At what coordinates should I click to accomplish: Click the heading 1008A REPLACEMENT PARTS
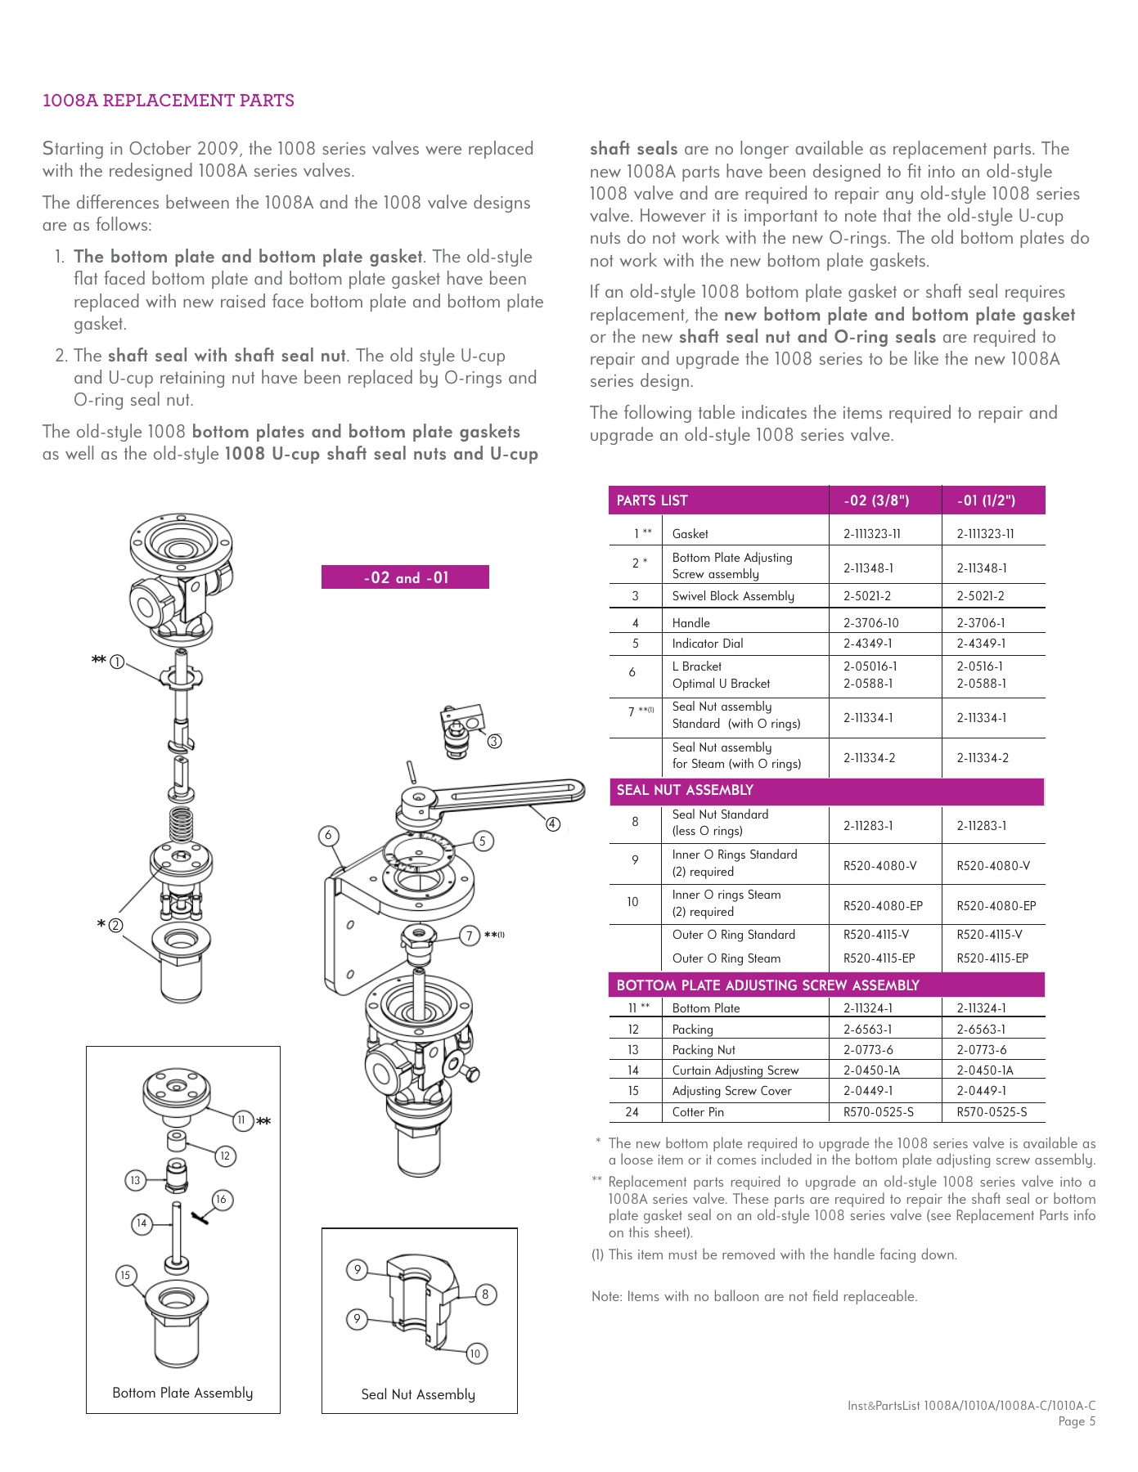coord(168,101)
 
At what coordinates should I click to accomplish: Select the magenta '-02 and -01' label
coord(405,577)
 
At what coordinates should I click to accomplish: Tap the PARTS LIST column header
coord(652,500)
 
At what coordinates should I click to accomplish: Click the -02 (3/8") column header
coord(876,500)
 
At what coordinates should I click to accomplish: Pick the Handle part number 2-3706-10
coord(870,623)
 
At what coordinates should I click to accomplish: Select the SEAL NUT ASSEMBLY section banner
coord(685,790)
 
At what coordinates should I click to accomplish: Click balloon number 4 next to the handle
coord(553,824)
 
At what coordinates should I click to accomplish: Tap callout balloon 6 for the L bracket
coord(328,835)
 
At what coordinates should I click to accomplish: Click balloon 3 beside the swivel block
coord(494,742)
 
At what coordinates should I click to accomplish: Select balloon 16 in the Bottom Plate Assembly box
coord(221,1200)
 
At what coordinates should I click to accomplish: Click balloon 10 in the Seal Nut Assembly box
coord(475,1353)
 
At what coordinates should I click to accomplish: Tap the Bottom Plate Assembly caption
coord(182,1393)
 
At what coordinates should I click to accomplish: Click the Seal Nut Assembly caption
coord(418,1394)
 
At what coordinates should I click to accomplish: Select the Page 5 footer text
coord(1076,1421)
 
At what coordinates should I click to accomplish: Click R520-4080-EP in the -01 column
coord(996,906)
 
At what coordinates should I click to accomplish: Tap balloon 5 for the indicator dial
coord(483,841)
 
